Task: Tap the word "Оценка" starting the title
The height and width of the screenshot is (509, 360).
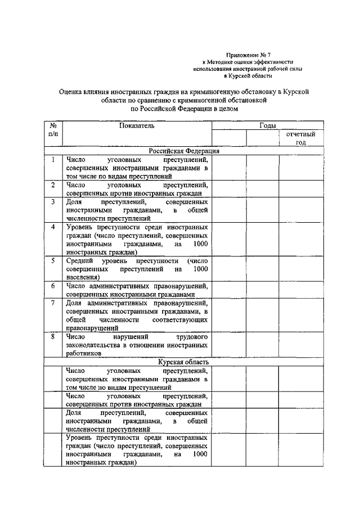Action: coord(73,91)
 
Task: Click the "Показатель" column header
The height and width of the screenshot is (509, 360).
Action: coord(136,126)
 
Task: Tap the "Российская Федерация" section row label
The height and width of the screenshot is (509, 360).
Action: coord(184,151)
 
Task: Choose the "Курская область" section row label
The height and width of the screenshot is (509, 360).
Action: coord(184,363)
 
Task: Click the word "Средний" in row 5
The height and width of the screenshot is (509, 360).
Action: coord(78,261)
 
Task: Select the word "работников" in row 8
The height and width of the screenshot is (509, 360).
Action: coord(83,354)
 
